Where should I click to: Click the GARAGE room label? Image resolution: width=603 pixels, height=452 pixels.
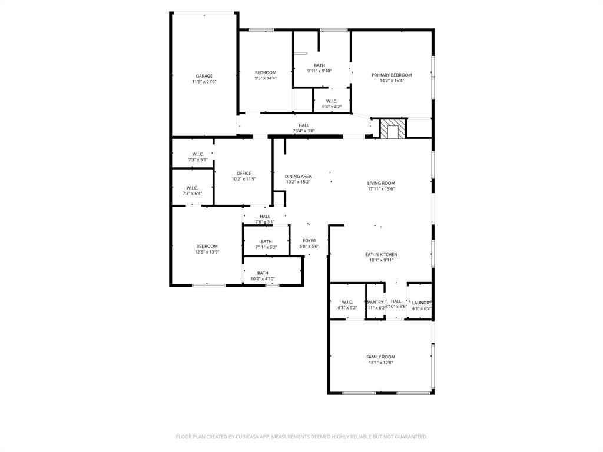point(204,76)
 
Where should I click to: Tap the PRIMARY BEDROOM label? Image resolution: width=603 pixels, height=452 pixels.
point(392,75)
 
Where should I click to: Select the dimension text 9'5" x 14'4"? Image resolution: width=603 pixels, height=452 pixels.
point(266,78)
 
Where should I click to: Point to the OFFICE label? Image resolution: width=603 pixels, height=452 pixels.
point(244,173)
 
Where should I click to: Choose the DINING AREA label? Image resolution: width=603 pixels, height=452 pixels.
point(298,176)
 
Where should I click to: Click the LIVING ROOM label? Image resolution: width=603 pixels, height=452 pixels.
point(381,183)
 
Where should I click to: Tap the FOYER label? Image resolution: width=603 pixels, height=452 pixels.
point(309,240)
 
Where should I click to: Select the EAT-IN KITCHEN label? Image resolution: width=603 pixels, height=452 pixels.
point(381,254)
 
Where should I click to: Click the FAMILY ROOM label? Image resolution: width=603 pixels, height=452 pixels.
point(381,357)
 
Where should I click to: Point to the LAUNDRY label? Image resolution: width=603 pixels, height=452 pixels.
point(422,303)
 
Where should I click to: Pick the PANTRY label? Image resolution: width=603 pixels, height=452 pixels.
point(375,303)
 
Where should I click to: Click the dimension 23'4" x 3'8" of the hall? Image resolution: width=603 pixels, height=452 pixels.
point(304,131)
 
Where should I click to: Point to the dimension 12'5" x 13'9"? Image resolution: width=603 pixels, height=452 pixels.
point(207,251)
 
